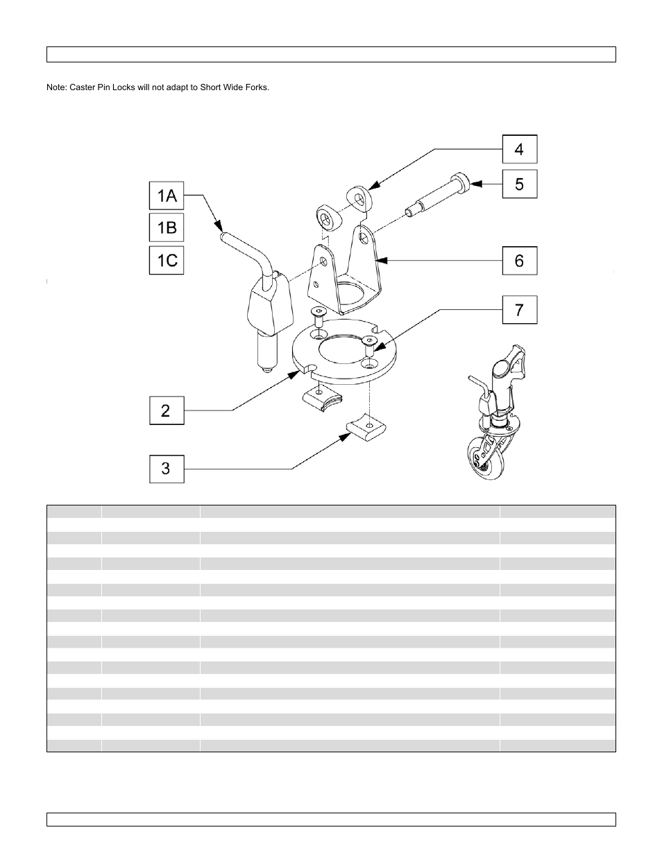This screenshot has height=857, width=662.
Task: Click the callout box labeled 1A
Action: click(x=167, y=196)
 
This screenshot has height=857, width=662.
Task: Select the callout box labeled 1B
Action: click(x=167, y=227)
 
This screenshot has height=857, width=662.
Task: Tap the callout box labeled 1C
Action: click(x=167, y=261)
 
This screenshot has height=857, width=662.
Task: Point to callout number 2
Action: click(x=167, y=410)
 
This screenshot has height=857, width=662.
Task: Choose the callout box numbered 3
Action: click(x=167, y=469)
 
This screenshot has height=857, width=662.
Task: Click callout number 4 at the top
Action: click(x=519, y=149)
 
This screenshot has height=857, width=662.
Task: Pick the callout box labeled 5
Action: click(x=519, y=184)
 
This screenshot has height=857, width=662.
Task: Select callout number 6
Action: click(x=519, y=261)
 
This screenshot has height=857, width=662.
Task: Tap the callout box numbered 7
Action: click(x=519, y=310)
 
